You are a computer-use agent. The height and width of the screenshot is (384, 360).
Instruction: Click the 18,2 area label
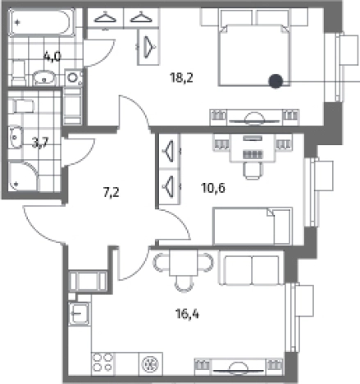point(181,78)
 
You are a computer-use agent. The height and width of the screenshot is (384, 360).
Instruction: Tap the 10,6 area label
point(213,188)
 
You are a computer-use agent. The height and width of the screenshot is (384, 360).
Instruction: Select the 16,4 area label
point(188,313)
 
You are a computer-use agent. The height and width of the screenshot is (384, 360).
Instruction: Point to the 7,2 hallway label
point(112,192)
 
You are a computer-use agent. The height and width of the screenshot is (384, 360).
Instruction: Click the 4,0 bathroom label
point(52,57)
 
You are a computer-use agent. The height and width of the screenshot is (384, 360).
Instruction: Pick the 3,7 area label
point(40,143)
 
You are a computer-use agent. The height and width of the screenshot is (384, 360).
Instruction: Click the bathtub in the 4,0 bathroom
point(41,22)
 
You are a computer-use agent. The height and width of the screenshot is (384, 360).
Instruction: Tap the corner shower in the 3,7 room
point(24,176)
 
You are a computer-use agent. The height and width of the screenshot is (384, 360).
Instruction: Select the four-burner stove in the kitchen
point(103,363)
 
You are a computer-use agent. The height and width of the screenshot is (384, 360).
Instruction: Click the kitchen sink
point(80,313)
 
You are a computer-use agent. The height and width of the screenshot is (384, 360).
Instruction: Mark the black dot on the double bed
point(276,81)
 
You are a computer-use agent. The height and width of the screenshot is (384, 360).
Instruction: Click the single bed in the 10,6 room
point(253,226)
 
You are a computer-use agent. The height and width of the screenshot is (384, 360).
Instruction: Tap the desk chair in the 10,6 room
point(253,171)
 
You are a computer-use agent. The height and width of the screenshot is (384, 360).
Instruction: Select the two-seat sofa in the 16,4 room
point(252,270)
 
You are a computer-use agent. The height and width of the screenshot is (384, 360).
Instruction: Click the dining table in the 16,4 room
point(183,263)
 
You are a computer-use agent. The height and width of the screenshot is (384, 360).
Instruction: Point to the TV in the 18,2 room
point(254,118)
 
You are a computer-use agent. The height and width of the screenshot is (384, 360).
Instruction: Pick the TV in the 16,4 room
point(239,368)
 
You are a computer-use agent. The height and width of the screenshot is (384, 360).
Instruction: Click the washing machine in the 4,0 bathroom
point(73,78)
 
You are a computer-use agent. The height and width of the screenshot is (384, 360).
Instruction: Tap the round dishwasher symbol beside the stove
point(151,363)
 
